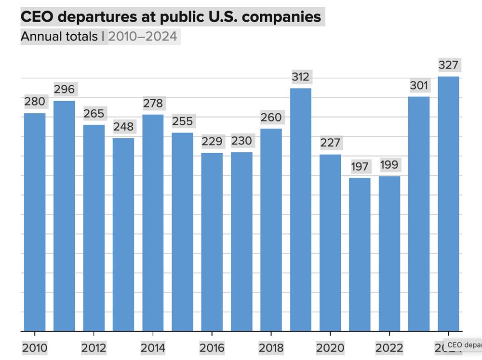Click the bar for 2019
300,210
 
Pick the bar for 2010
35,222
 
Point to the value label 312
301,77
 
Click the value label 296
64,89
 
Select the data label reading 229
212,141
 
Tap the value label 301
419,85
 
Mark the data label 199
389,165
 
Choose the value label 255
182,121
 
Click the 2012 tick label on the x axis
94,348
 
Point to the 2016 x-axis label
212,348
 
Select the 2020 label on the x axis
330,348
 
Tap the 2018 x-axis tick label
271,348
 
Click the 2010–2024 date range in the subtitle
143,37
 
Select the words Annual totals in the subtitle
59,37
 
